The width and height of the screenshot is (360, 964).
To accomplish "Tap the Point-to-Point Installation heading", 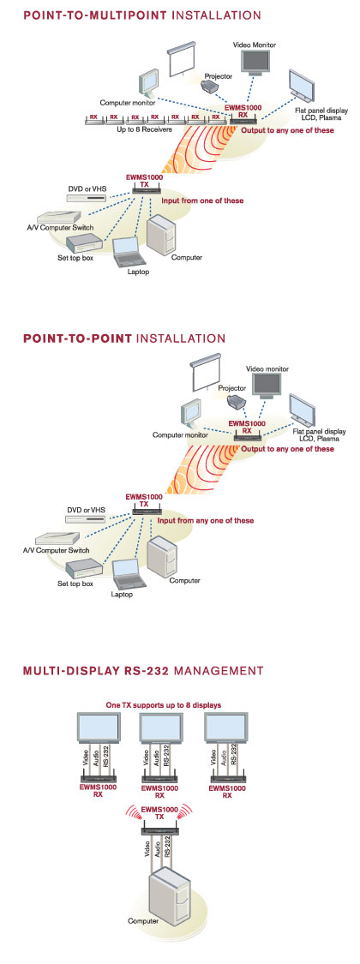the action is [124, 338].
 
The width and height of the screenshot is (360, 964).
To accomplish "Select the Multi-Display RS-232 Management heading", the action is [143, 670].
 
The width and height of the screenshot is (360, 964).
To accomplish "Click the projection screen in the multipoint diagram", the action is [182, 57].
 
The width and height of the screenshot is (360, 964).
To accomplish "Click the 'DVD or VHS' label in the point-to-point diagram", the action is [87, 511].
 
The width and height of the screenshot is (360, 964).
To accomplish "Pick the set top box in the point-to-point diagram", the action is [84, 568].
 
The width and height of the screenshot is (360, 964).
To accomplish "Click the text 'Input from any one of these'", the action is [206, 521].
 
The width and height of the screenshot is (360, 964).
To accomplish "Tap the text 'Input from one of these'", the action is [202, 201].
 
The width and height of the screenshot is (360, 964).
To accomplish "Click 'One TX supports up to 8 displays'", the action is [164, 704].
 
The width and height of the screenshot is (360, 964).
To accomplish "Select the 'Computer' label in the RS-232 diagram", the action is [143, 921].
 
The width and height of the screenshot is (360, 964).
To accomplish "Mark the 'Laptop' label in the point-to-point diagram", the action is [122, 596].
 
